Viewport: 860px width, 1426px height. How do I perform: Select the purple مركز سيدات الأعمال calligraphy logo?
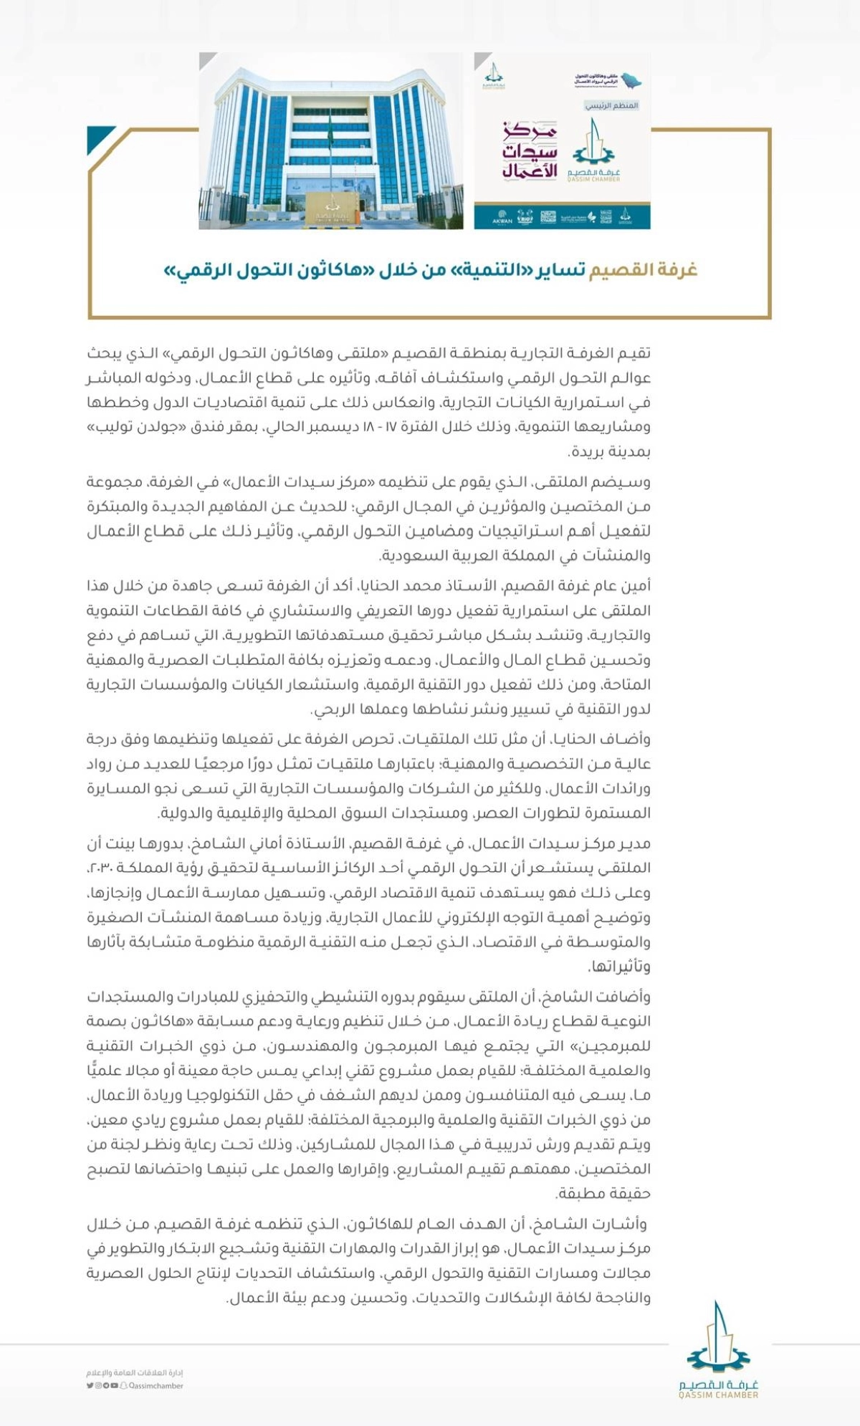[x=529, y=152]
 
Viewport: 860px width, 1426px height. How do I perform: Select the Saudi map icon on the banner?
[x=631, y=80]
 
